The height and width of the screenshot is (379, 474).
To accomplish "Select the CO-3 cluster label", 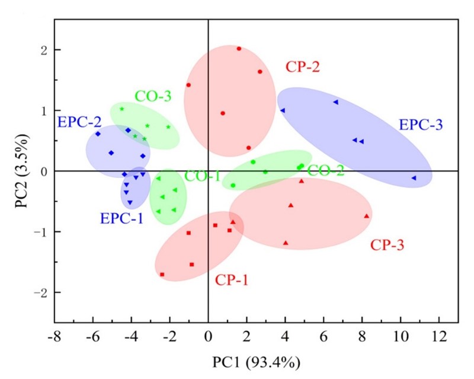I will click(153, 95).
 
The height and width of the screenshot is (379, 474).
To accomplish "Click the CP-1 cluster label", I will click(232, 280).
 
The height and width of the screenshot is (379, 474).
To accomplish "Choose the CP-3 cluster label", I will click(387, 244).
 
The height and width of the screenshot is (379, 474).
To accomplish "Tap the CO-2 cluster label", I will click(325, 171).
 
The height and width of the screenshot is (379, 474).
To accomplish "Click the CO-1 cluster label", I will click(203, 176).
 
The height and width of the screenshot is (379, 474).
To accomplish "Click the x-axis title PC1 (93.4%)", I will click(256, 359).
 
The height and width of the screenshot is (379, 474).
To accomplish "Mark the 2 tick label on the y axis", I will click(44, 50).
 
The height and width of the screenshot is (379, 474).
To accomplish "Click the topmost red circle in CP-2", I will click(239, 49).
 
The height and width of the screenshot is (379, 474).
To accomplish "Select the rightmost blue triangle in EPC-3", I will click(414, 178).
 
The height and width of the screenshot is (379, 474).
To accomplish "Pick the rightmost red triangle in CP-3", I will click(367, 216).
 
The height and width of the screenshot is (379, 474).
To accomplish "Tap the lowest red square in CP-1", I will click(162, 275).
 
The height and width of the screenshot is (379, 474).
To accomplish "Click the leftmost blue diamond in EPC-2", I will click(98, 134).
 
